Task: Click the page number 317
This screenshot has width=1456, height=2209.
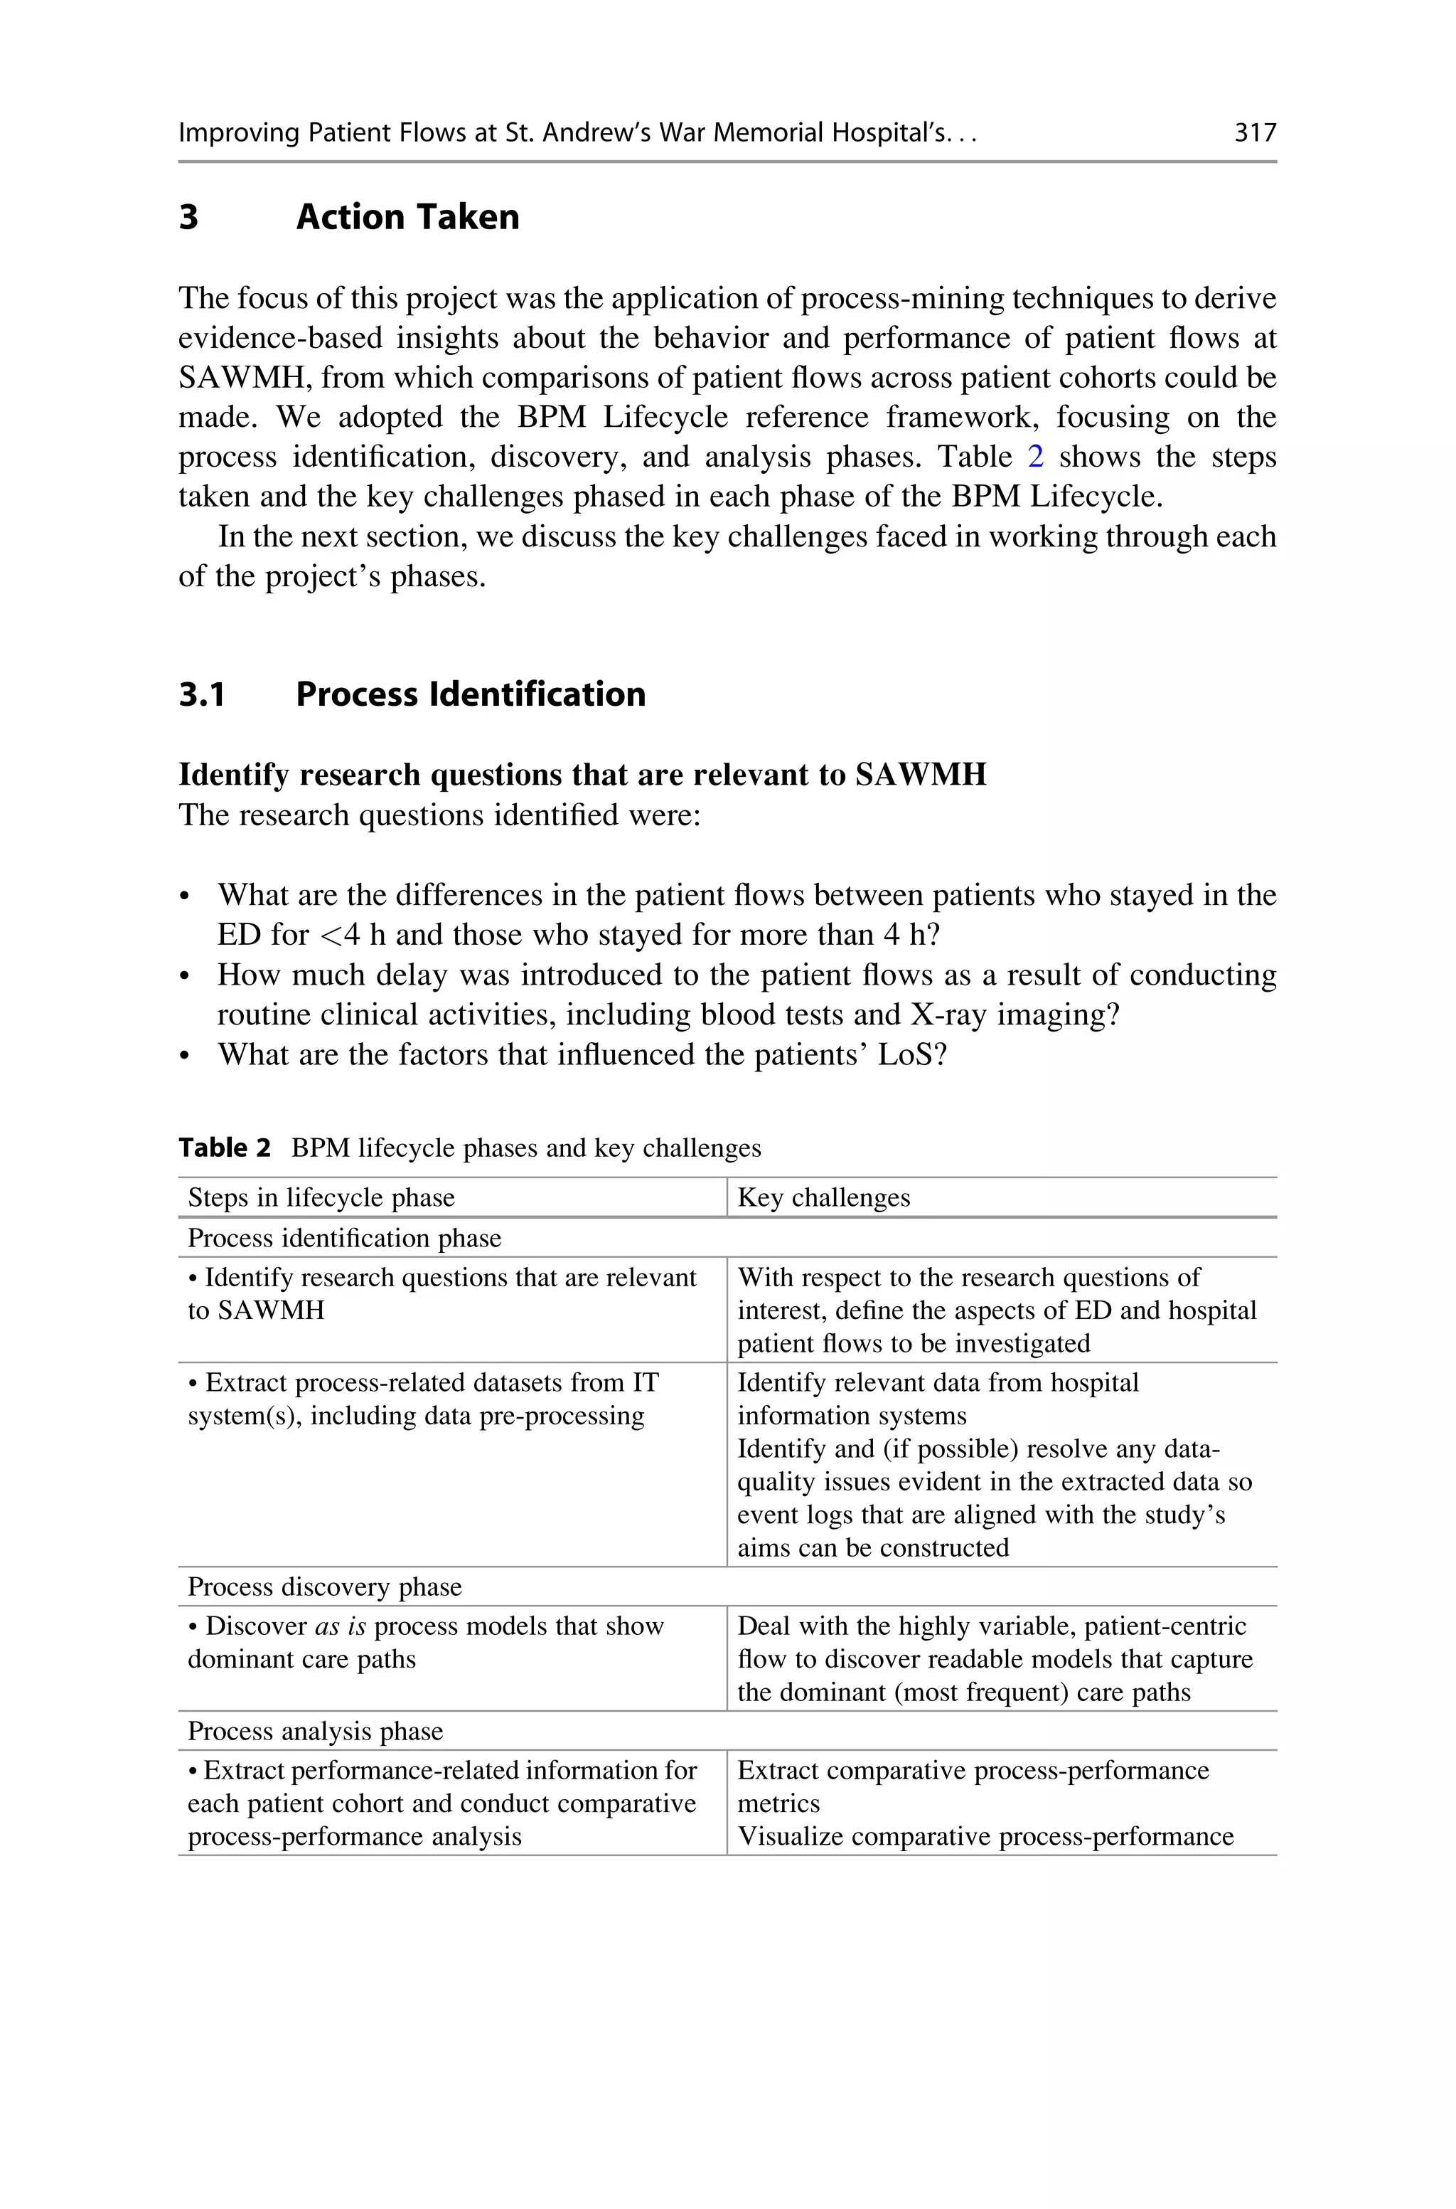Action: [1255, 133]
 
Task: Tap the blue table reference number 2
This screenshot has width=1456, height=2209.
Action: [1035, 457]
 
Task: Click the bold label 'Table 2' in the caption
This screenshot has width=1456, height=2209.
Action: [224, 1148]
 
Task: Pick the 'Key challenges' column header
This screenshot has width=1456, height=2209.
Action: [824, 1197]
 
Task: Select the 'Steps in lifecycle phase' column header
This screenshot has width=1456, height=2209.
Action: [321, 1197]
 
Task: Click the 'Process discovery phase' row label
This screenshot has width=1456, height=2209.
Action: [324, 1586]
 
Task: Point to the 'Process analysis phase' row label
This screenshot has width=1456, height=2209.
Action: [315, 1731]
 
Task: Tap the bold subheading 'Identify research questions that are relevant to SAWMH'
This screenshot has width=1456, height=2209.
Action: [582, 775]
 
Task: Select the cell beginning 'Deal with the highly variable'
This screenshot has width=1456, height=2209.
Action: [995, 1658]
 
